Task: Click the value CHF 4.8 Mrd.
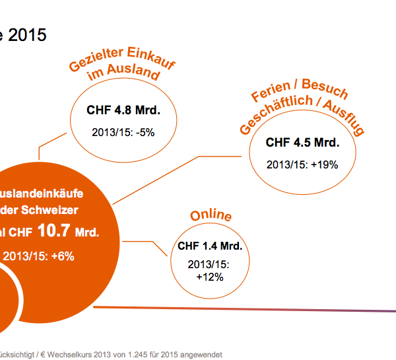pos(123,110)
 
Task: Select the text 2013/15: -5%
pos(123,131)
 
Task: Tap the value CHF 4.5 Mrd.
pos(302,143)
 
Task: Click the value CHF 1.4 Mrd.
pos(210,246)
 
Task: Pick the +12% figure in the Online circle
pos(210,277)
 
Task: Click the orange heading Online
pos(211,216)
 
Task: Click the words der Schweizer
pos(49,210)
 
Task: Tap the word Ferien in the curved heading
pos(271,99)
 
